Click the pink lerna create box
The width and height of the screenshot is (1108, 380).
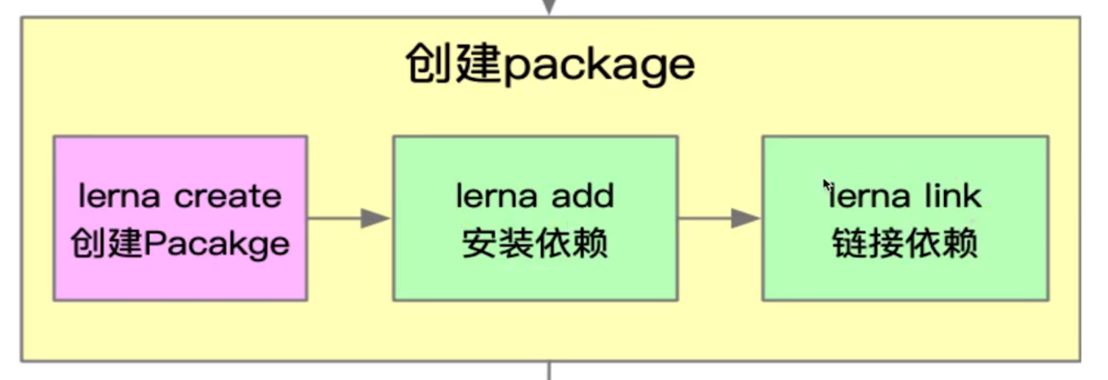click(180, 218)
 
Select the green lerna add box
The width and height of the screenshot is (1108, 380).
click(535, 218)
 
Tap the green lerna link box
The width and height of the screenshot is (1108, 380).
click(905, 218)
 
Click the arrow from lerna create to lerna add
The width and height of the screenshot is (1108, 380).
click(349, 218)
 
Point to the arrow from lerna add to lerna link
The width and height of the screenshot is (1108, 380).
click(719, 218)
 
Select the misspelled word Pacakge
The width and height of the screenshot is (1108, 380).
click(217, 244)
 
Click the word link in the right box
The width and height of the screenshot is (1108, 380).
click(954, 196)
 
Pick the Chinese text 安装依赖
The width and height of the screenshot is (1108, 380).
click(535, 244)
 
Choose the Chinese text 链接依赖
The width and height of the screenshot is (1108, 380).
click(905, 244)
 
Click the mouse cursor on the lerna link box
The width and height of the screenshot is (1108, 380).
click(828, 184)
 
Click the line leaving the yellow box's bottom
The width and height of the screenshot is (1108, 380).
click(550, 370)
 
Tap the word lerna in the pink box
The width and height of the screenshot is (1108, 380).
click(120, 196)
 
